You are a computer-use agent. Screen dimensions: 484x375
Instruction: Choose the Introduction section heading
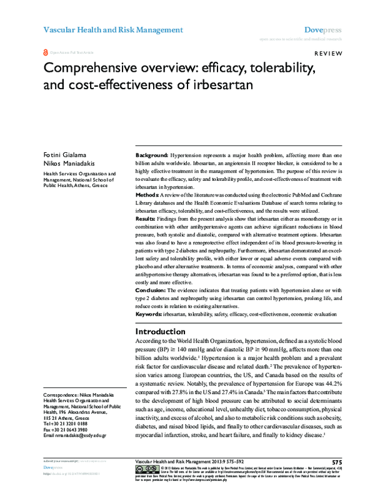(x=167, y=331)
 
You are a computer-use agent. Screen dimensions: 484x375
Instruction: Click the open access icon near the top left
(x=44, y=53)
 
